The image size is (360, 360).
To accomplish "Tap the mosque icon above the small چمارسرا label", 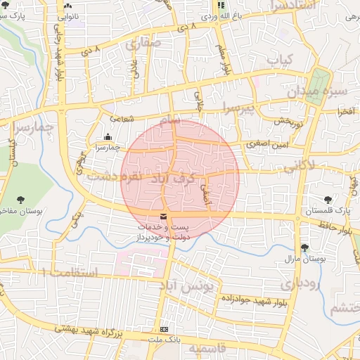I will pyautogui.click(x=107, y=137).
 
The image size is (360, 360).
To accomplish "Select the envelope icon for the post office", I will pyautogui.click(x=164, y=217).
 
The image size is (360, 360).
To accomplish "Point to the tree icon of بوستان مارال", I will pyautogui.click(x=304, y=247).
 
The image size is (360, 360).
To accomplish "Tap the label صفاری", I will pyautogui.click(x=144, y=44).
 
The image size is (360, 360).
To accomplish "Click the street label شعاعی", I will pyautogui.click(x=121, y=120).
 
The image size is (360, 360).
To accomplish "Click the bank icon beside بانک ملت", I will pyautogui.click(x=165, y=328).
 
